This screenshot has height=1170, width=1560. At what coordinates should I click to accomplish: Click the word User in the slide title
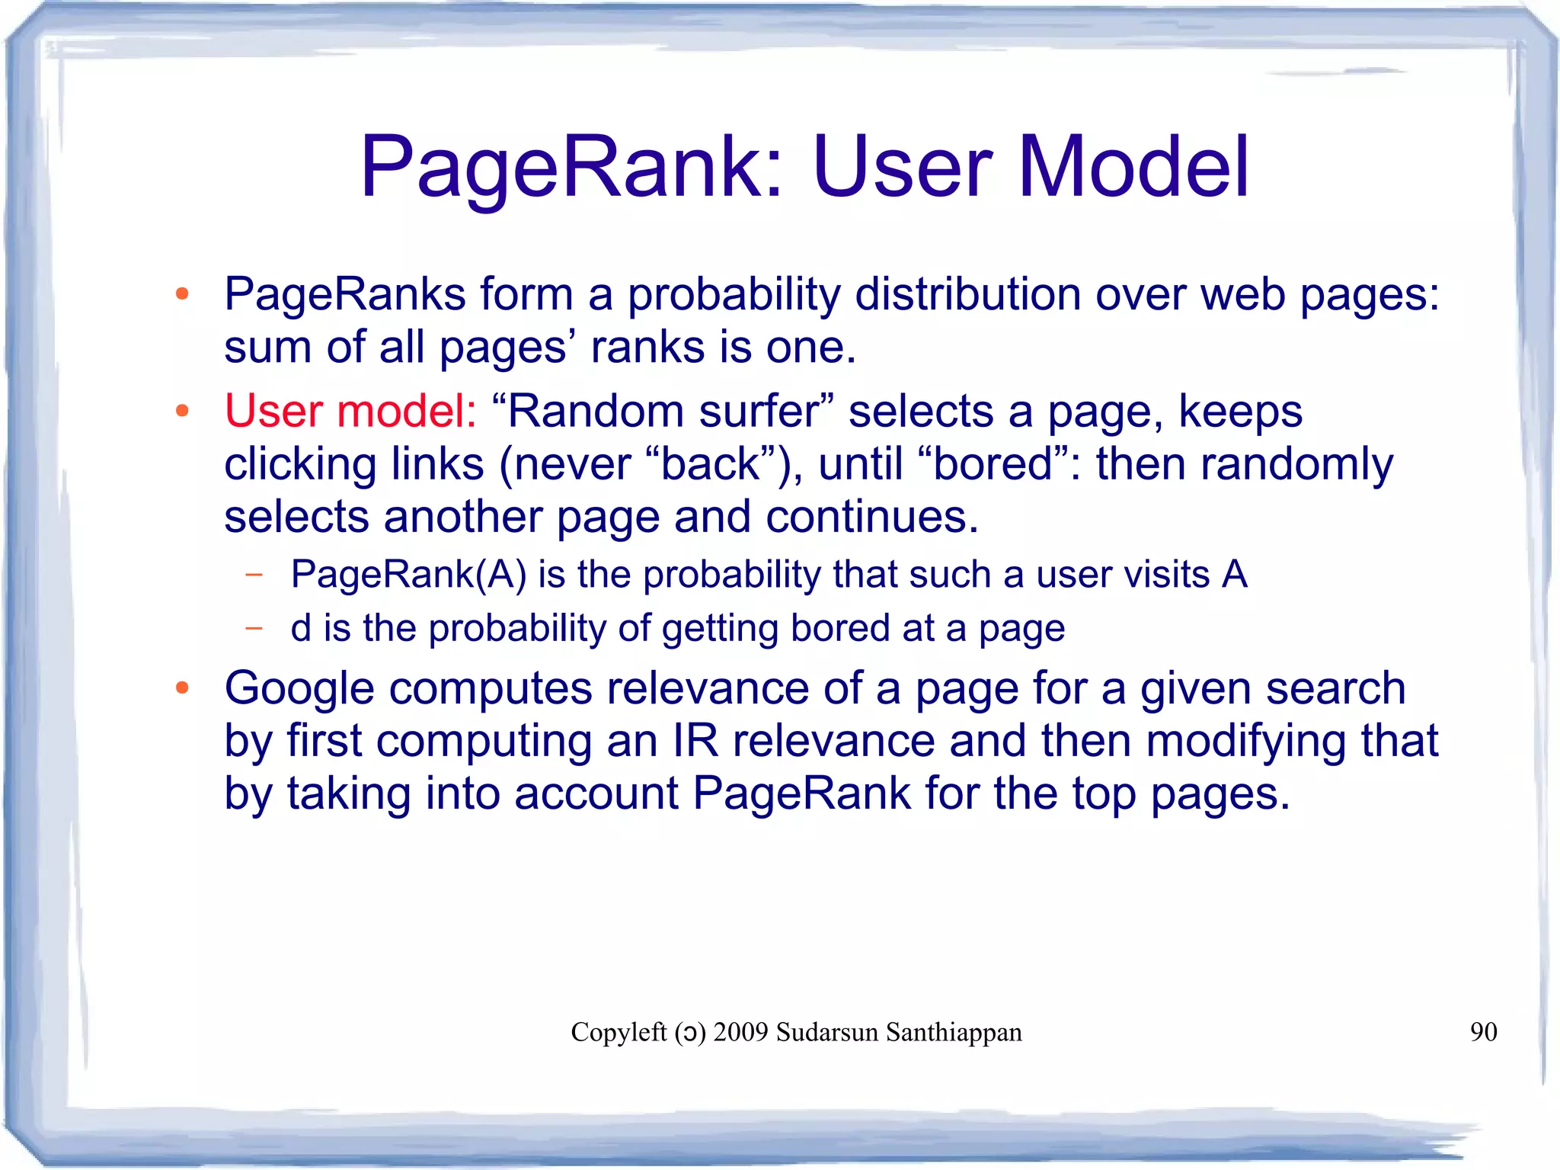coord(903,167)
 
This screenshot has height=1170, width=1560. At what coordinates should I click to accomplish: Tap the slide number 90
coord(1483,1032)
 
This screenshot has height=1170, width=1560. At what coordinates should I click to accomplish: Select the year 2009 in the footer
coord(740,1032)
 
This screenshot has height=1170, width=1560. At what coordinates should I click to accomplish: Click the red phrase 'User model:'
coord(350,411)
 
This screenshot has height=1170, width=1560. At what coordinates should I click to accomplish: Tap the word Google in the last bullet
coord(299,688)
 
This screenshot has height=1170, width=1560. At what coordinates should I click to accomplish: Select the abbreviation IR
coord(695,741)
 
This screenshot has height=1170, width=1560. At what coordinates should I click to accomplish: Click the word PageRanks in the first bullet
coord(344,294)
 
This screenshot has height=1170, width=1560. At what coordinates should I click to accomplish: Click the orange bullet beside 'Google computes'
coord(182,688)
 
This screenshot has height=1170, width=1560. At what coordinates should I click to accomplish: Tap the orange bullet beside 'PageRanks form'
coord(182,294)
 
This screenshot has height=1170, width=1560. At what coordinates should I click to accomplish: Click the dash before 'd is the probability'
coord(254,629)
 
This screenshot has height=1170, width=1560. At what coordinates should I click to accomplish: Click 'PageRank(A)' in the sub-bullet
coord(408,575)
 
